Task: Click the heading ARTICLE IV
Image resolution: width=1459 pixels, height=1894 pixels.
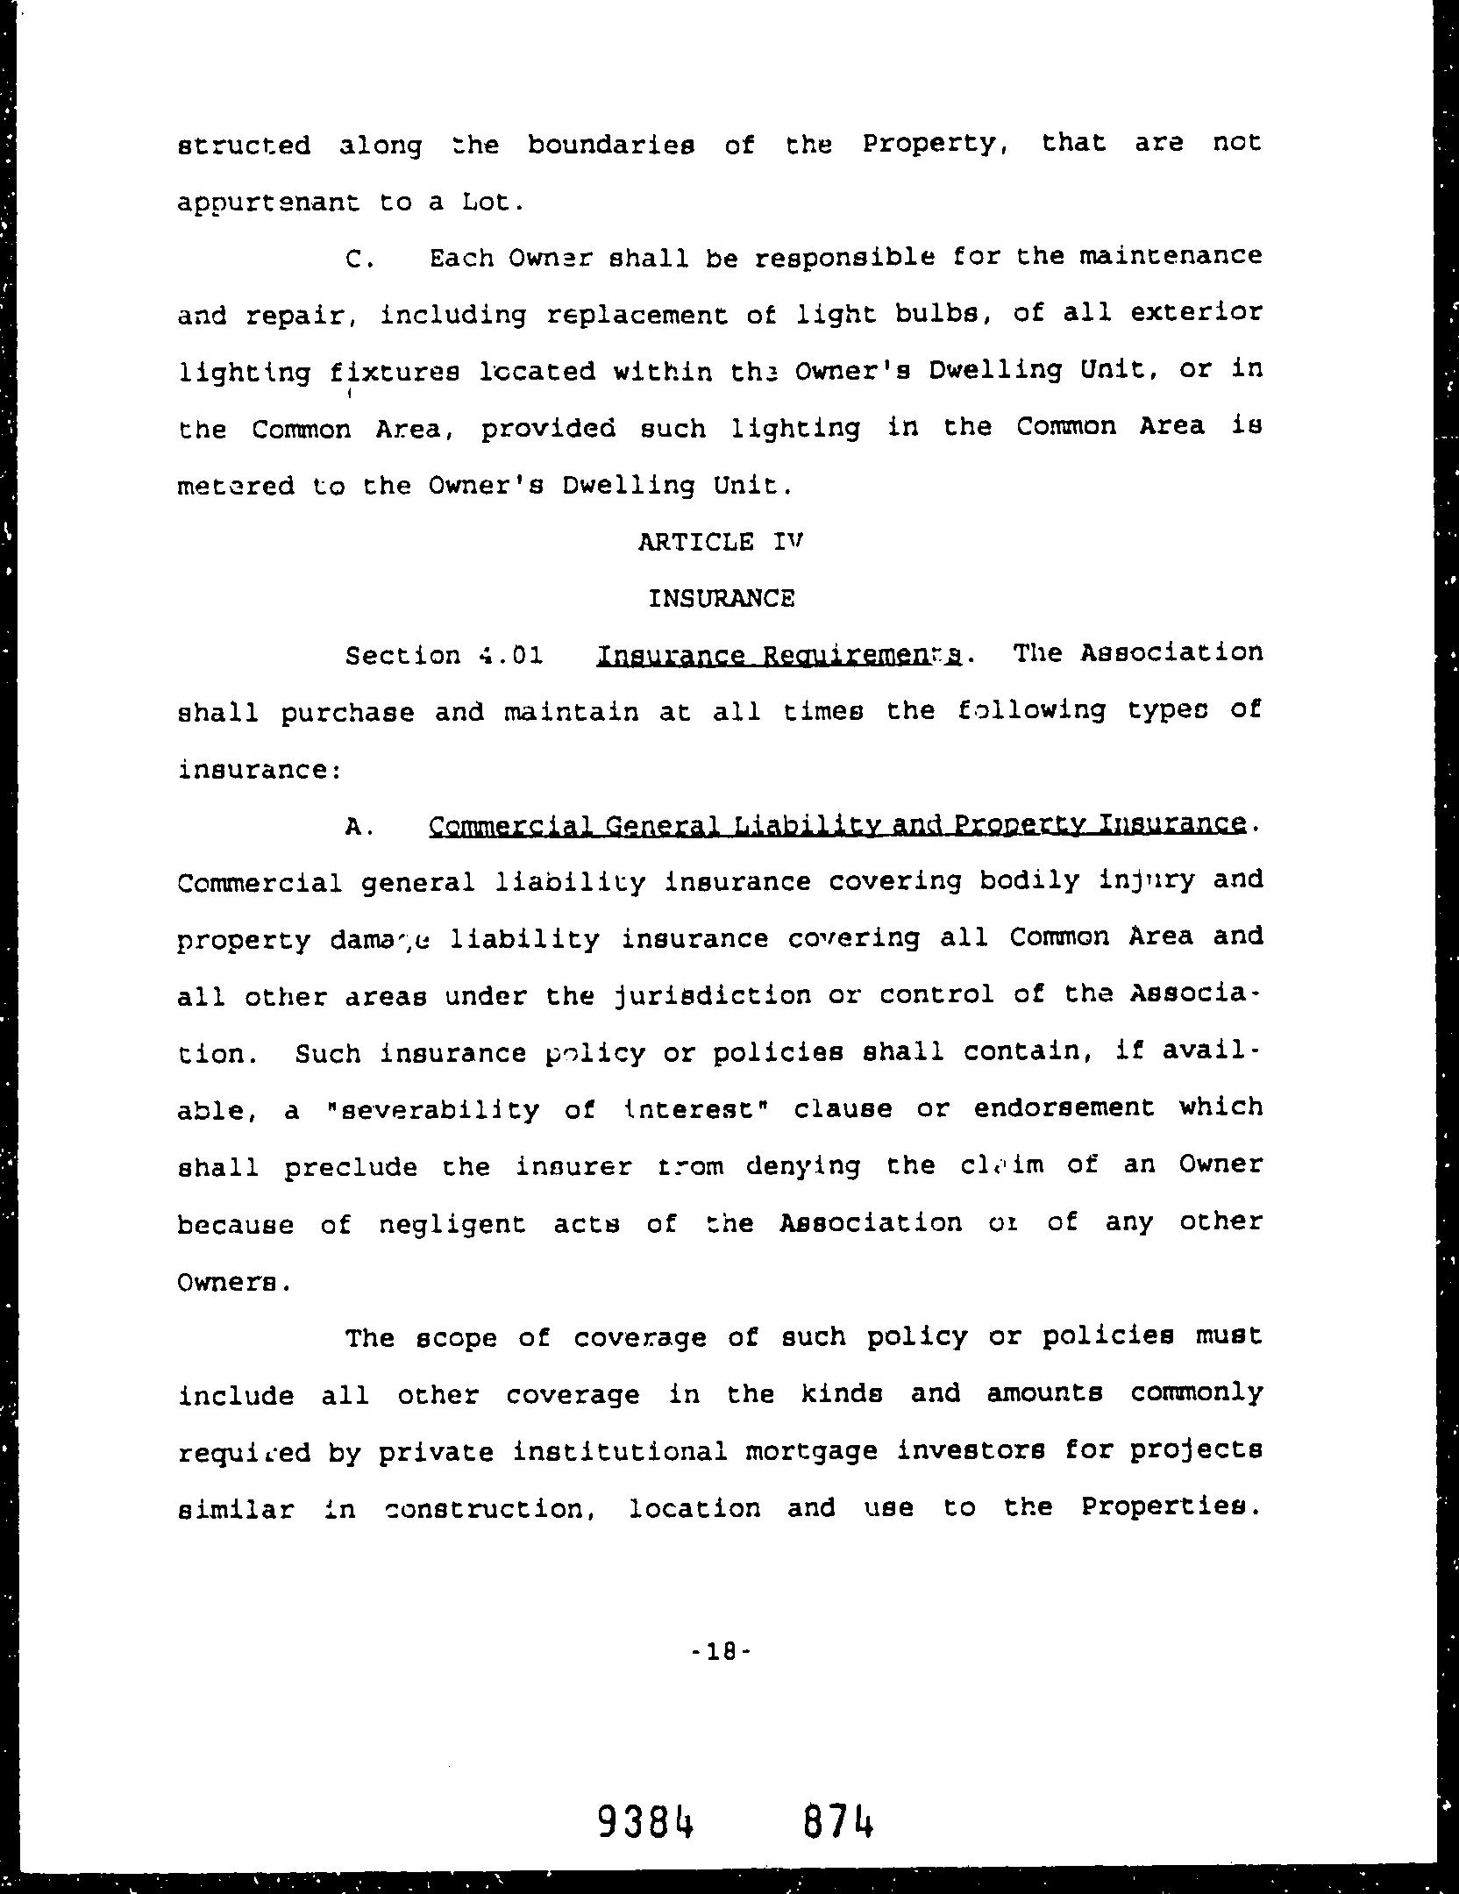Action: click(x=721, y=542)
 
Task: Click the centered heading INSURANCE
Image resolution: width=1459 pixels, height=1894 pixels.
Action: click(x=722, y=599)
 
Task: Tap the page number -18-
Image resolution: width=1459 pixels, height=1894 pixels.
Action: click(x=722, y=1652)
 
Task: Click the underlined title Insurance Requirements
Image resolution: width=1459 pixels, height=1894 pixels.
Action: click(x=779, y=655)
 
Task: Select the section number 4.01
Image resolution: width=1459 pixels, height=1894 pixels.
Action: click(x=511, y=656)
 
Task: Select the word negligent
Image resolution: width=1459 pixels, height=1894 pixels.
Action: click(x=452, y=1224)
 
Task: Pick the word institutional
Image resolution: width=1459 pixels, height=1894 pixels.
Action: click(x=620, y=1451)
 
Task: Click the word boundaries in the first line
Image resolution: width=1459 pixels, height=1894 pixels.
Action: click(x=611, y=145)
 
